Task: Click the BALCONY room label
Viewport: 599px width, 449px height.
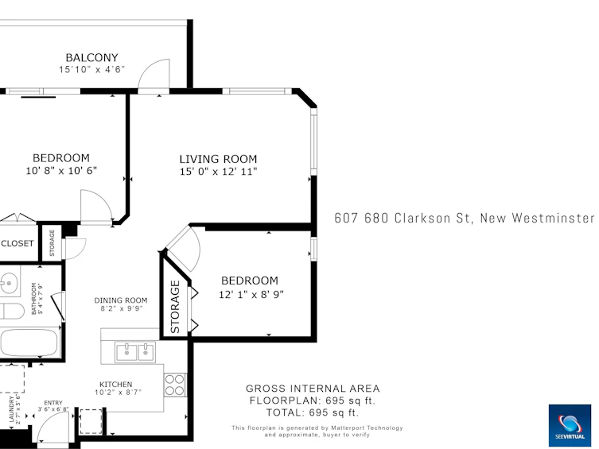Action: click(91, 57)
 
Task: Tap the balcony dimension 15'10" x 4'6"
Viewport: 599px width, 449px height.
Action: click(91, 69)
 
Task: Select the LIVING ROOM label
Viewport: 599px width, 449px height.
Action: click(218, 159)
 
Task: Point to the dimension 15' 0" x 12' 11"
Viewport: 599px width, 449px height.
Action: click(218, 172)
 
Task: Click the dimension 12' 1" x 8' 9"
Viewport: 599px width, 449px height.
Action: click(251, 295)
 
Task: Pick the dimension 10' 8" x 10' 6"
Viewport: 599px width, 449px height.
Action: click(61, 171)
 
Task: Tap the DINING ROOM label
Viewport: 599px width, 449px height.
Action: click(121, 300)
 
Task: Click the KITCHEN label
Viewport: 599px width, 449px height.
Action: click(116, 384)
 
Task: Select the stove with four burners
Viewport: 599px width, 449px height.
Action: click(175, 385)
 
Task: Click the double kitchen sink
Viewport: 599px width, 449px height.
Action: click(135, 352)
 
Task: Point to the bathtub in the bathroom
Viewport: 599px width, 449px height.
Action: click(29, 343)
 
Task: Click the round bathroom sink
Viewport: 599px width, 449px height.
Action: click(8, 284)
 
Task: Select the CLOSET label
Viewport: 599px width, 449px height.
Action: click(18, 243)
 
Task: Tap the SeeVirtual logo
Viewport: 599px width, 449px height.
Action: click(570, 425)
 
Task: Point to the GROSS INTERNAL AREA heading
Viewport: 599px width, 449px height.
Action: click(313, 389)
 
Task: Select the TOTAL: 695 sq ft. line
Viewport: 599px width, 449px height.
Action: click(313, 412)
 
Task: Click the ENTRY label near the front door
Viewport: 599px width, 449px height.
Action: click(53, 403)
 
